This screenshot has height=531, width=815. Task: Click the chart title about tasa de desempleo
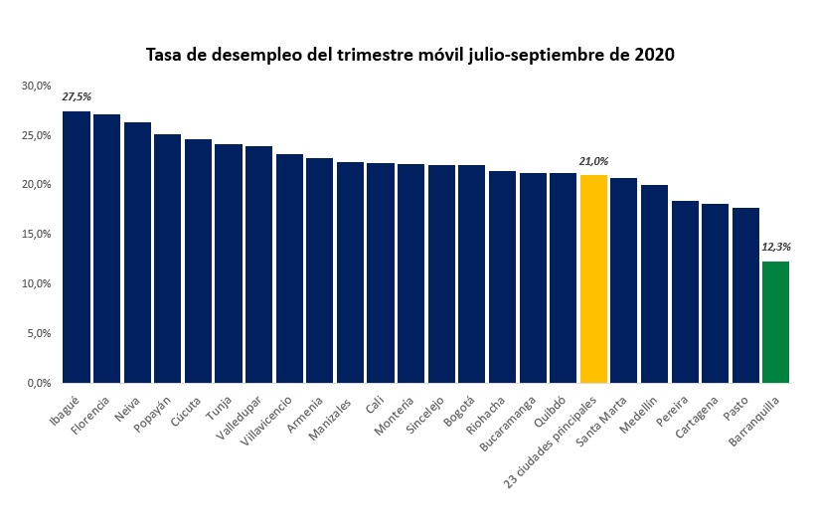coord(410,54)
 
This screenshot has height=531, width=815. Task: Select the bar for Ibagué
coord(77,249)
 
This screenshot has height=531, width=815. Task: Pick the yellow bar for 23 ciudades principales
coord(593,279)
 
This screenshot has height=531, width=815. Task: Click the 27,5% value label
coord(77,97)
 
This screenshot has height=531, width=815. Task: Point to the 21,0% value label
coord(593,161)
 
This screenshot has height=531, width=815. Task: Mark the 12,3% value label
coord(775,247)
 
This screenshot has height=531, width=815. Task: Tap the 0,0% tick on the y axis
coord(38,383)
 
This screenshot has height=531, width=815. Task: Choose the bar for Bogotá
coord(471,274)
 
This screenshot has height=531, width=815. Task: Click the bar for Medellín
coord(654,284)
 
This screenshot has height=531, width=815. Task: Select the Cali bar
coord(381,273)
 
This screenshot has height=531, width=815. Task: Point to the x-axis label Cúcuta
coord(187,407)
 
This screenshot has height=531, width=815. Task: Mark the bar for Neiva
coord(137,253)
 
